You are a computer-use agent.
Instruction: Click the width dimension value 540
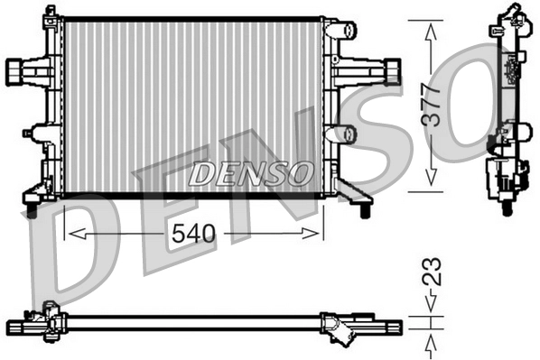195,233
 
